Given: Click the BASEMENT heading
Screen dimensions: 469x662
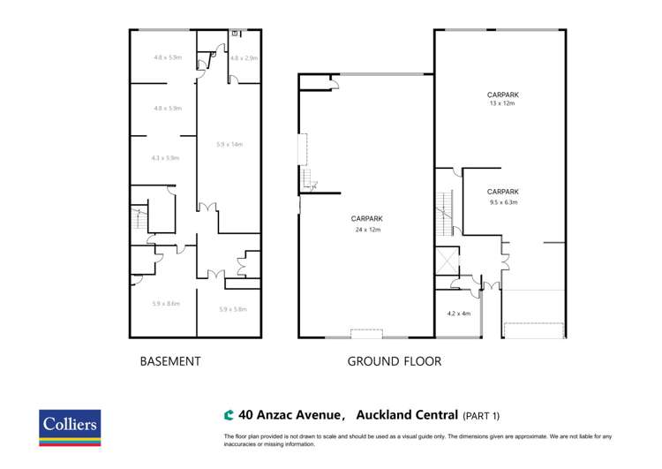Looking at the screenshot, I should (171, 361).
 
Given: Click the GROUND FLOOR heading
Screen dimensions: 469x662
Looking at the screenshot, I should (394, 361).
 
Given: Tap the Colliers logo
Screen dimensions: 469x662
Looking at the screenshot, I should (71, 427).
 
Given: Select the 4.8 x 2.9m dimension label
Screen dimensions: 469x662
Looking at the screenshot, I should (244, 58).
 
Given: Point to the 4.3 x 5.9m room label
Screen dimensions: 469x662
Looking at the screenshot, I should (166, 158).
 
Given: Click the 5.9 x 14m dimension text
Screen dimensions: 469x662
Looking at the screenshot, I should (229, 144).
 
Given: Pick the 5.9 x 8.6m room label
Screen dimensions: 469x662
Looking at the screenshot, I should (166, 304).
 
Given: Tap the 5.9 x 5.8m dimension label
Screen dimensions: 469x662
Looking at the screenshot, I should (232, 309).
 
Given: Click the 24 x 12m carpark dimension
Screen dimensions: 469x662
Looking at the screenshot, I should (366, 230).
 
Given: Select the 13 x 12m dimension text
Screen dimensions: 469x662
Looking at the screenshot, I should (502, 103).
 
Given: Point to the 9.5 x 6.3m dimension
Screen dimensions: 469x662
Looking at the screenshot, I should (502, 201).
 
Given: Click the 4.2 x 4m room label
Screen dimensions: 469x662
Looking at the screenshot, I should (459, 314).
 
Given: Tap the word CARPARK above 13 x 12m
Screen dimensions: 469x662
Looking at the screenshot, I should (502, 94).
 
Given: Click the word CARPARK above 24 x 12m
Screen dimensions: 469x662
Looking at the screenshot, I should (366, 219).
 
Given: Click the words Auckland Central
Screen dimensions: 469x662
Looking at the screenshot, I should (407, 414).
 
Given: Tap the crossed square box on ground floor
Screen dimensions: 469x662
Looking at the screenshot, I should (448, 262).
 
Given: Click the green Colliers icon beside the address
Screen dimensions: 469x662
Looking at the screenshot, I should (229, 414).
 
